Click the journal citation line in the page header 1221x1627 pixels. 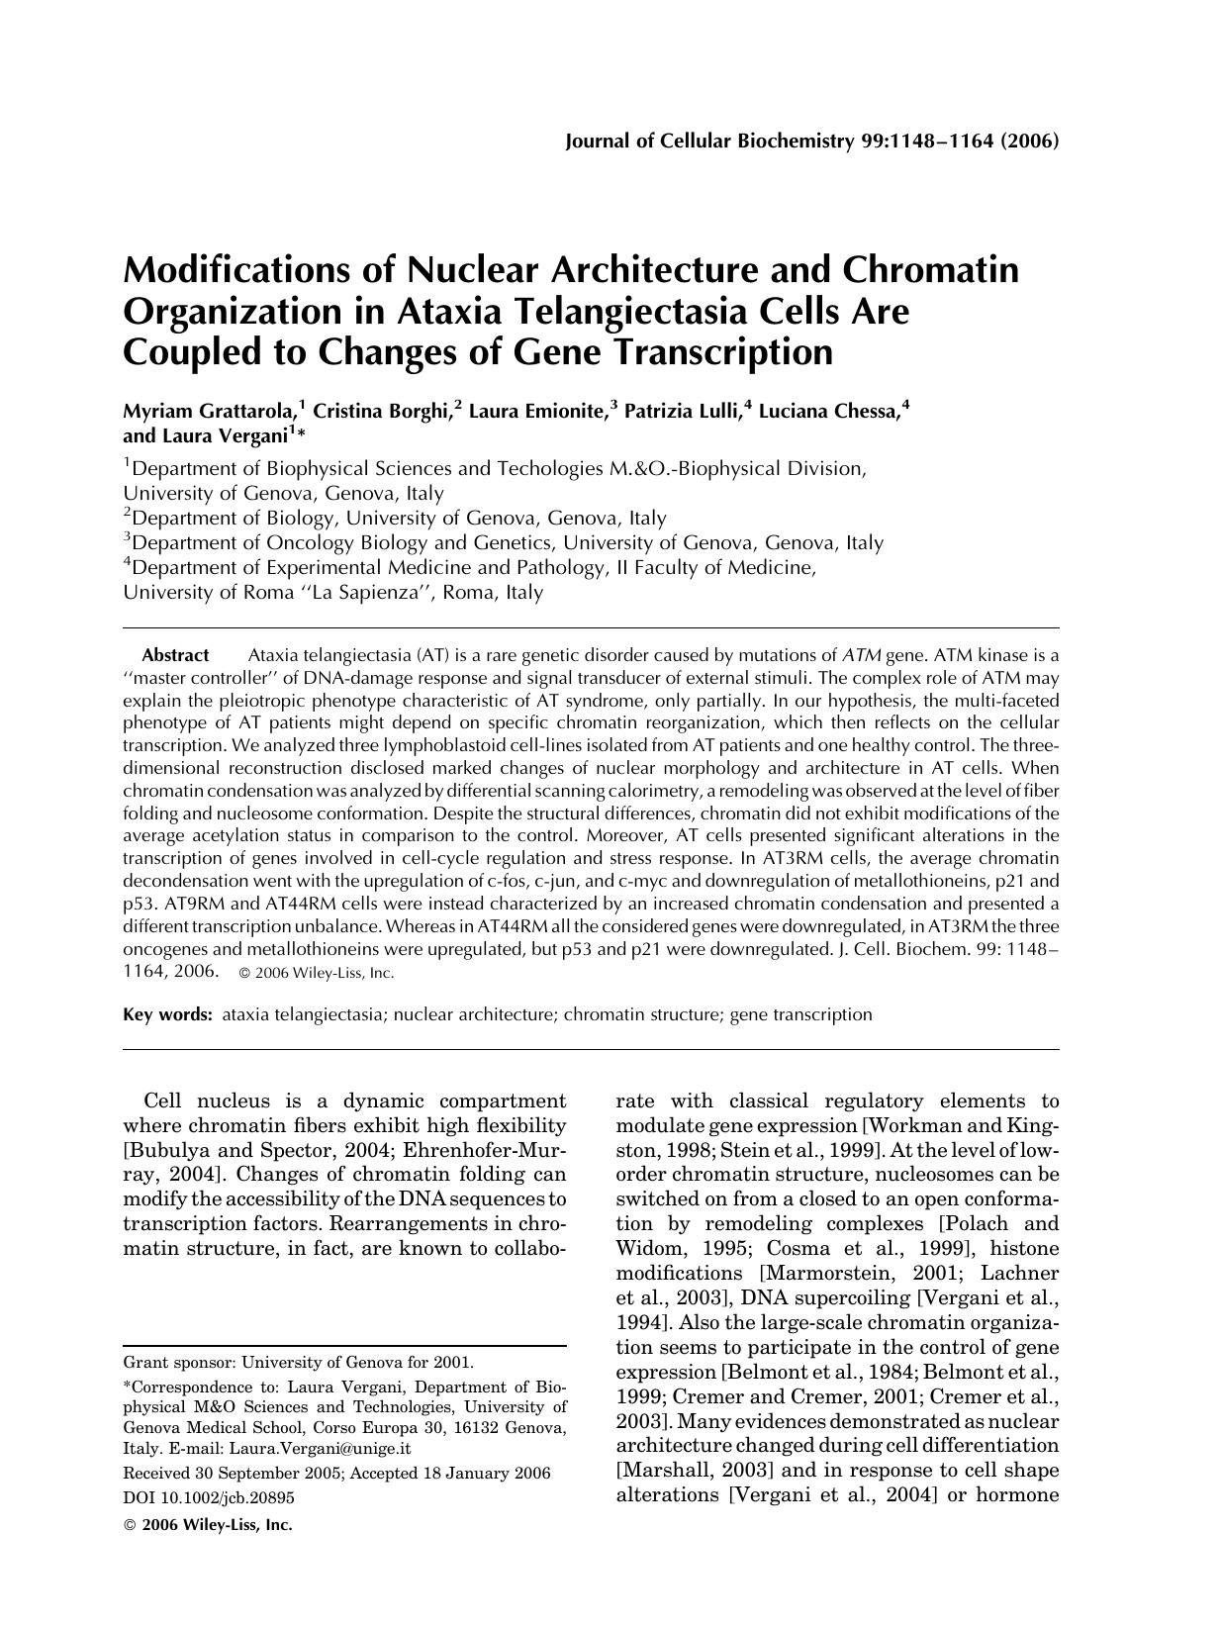(x=811, y=141)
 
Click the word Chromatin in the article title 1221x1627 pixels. (x=930, y=270)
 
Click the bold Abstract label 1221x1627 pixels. (x=175, y=655)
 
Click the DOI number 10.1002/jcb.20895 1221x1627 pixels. (x=208, y=1498)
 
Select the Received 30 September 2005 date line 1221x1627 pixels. (x=335, y=1474)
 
